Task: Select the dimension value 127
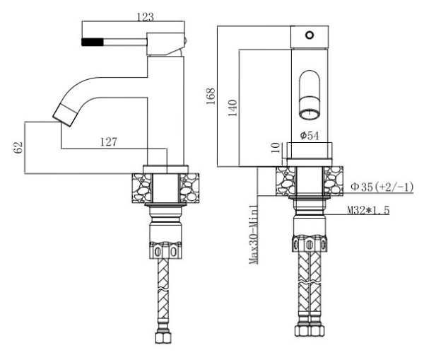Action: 108,141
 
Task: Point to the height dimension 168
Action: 210,96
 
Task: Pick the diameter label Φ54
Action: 310,134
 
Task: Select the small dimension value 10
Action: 274,147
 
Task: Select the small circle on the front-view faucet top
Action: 309,34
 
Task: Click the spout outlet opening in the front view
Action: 309,110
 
